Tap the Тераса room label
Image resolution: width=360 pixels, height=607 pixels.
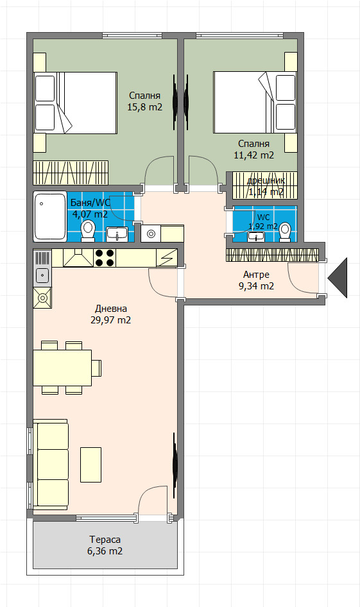[x=105, y=540]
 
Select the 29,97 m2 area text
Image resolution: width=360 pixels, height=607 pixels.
[x=110, y=320]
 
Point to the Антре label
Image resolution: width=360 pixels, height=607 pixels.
[x=256, y=275]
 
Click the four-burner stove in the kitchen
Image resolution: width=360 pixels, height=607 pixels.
[x=105, y=257]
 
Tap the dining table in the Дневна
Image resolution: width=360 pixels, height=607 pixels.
[x=62, y=367]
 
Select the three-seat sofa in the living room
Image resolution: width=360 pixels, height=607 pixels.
[x=51, y=465]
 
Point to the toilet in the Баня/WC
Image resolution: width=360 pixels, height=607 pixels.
[x=88, y=229]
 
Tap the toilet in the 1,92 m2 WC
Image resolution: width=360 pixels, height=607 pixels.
[x=286, y=230]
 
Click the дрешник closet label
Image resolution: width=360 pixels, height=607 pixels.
[x=266, y=180]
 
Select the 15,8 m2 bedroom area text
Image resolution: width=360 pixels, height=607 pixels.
[x=144, y=107]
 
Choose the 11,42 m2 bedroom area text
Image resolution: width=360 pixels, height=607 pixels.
[x=253, y=155]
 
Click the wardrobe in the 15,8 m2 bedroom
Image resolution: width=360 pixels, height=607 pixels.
[x=72, y=172]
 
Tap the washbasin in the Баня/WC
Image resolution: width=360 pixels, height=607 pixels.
[x=116, y=232]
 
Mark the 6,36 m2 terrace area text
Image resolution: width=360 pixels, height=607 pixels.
[x=105, y=551]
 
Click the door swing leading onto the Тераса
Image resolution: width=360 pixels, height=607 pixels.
[x=153, y=501]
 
